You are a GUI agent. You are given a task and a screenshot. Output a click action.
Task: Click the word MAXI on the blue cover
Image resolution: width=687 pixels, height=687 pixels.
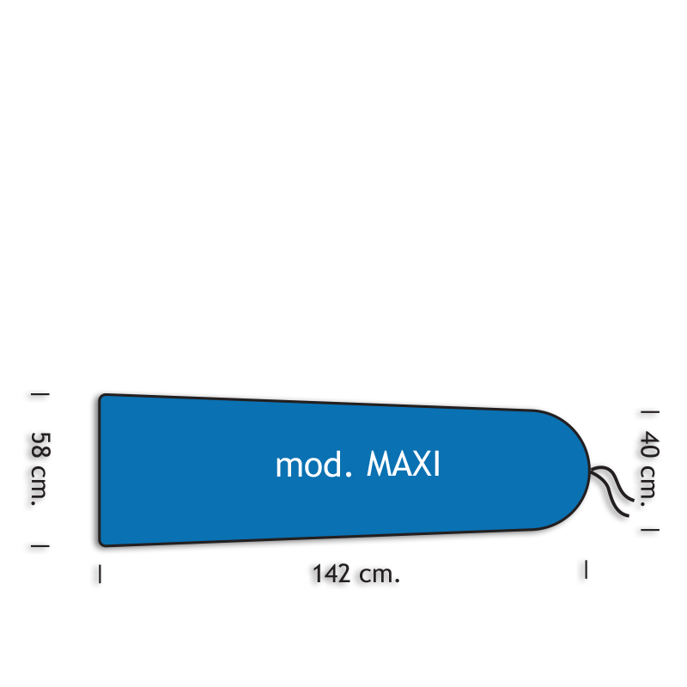[x=403, y=464]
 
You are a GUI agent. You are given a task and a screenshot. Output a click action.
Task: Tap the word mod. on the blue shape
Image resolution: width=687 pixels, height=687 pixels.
[x=313, y=465]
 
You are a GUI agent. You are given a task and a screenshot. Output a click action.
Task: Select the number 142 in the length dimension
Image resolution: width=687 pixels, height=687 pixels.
[x=331, y=574]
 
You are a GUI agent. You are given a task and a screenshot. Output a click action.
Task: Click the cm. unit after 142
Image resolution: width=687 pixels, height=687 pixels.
[x=380, y=575]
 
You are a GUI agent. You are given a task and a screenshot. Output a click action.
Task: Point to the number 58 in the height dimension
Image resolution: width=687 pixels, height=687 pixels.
[x=40, y=445]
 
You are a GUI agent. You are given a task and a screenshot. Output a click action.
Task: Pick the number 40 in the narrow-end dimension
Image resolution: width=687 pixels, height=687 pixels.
[x=649, y=445]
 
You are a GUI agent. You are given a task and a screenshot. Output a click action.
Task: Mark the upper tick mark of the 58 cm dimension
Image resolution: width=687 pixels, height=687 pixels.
[x=40, y=394]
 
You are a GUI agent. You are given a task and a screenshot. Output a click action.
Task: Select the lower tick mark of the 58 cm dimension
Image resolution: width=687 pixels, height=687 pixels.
[x=40, y=546]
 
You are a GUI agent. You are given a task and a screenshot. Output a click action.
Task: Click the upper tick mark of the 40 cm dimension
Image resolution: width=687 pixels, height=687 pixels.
[x=650, y=412]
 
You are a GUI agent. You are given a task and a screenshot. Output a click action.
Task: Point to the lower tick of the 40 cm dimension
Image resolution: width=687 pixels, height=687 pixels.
[x=650, y=530]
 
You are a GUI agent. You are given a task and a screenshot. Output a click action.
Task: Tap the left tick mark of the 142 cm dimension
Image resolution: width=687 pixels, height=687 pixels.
[x=100, y=574]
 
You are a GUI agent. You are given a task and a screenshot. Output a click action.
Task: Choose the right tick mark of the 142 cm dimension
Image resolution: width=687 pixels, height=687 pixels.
[x=586, y=569]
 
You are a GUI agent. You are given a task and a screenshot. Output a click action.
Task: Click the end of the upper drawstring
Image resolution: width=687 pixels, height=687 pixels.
[x=634, y=500]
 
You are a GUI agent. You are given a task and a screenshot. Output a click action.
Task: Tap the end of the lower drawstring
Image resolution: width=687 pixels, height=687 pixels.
[x=629, y=516]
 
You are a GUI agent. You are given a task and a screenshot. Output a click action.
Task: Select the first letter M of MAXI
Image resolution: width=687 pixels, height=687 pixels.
[x=378, y=464]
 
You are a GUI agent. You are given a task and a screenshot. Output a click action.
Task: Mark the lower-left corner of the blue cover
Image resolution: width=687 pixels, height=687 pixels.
[x=100, y=544]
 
